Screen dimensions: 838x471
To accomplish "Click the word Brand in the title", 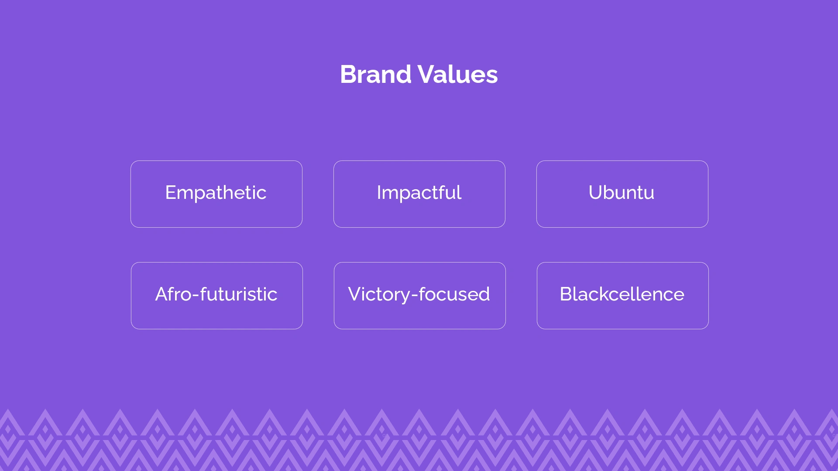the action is click(375, 74).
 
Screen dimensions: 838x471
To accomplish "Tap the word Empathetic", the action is click(216, 193).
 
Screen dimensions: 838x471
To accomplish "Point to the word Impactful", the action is click(419, 193).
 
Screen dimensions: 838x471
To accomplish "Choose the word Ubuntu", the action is click(622, 192).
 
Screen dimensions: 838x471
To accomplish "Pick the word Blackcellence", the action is click(622, 294).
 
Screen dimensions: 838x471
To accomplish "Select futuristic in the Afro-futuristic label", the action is click(239, 294).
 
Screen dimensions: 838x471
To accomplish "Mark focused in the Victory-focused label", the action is click(454, 294).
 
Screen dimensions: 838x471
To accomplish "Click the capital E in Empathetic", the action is click(171, 192).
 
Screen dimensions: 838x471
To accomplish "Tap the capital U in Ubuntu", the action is click(595, 192).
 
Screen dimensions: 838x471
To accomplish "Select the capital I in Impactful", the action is click(378, 192).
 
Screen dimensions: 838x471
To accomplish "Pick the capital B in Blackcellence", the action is click(566, 294).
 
